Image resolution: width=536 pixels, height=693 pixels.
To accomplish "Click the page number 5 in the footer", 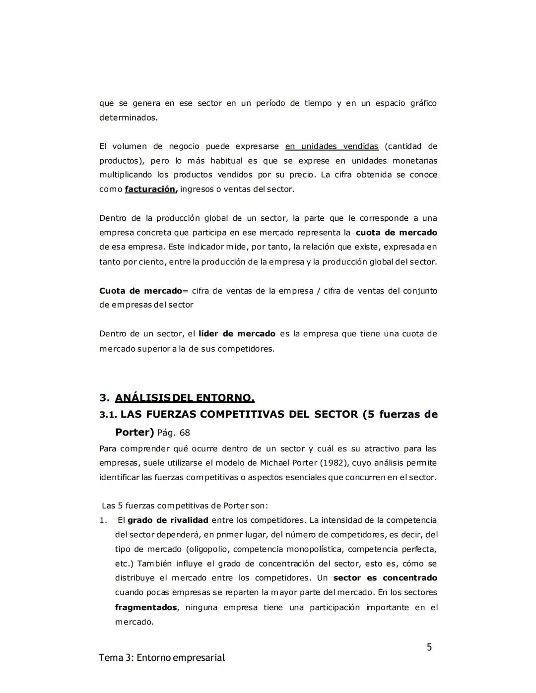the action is pos(429,647).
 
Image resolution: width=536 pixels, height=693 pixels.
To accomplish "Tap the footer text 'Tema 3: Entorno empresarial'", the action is pos(162,658).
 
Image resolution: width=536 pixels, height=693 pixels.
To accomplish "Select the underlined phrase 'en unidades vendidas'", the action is pos(332,146).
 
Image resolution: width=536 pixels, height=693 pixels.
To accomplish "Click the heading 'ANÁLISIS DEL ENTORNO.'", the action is pos(185,398).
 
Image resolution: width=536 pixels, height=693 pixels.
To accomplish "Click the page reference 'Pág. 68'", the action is pos(174,433).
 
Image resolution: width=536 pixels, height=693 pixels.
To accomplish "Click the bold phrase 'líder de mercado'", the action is pos(237,334).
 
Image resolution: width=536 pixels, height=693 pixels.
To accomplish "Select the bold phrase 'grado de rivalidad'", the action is pos(168,520).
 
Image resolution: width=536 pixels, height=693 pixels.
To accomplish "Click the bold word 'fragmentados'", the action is pos(146,607).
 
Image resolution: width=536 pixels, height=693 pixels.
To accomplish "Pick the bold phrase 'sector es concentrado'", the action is pos(385,578).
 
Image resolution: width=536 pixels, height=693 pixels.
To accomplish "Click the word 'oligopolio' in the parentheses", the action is pos(207,549).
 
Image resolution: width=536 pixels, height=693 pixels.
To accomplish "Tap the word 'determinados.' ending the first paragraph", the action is pos(128,118).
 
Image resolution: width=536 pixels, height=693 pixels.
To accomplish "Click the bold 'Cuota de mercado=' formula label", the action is pos(141,291).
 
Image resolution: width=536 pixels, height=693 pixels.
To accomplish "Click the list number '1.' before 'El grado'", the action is pos(103,520).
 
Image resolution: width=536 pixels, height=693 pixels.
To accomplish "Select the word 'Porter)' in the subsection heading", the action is pos(134,432).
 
